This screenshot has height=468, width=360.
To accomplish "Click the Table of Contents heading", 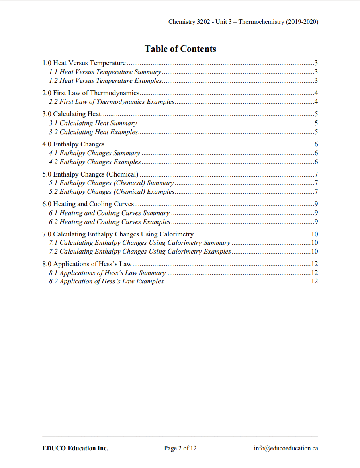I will tap(180, 49).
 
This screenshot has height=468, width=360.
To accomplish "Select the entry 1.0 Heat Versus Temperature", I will tap(84, 63).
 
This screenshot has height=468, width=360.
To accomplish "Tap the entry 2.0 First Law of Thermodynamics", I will tap(90, 93).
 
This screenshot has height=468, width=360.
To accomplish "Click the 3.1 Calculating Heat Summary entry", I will tap(93, 123).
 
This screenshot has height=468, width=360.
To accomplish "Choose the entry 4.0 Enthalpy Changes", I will tap(74, 144).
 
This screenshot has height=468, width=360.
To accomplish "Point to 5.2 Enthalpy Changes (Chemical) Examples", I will tap(112, 192).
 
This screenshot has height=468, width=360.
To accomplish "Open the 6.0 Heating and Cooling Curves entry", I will tap(88, 204).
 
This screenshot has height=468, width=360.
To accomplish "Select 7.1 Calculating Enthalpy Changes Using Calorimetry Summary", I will tap(139, 243).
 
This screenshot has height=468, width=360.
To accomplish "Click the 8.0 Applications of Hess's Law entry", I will tap(87, 264).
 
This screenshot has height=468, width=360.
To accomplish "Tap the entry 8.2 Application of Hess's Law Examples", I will tap(106, 281).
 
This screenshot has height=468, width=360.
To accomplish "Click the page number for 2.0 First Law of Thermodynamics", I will tap(317, 93).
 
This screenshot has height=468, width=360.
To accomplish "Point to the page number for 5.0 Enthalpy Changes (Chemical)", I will tap(317, 174).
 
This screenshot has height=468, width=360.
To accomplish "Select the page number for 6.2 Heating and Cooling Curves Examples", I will tap(317, 222).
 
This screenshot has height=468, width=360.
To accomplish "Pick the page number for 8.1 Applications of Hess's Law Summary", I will tap(315, 273).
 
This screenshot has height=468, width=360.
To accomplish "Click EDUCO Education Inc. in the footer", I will tap(75, 448).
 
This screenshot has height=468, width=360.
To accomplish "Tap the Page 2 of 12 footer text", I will tap(180, 448).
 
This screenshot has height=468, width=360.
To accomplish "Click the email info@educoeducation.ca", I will tap(286, 448).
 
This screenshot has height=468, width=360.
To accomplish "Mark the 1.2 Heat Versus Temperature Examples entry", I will tap(105, 81).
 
